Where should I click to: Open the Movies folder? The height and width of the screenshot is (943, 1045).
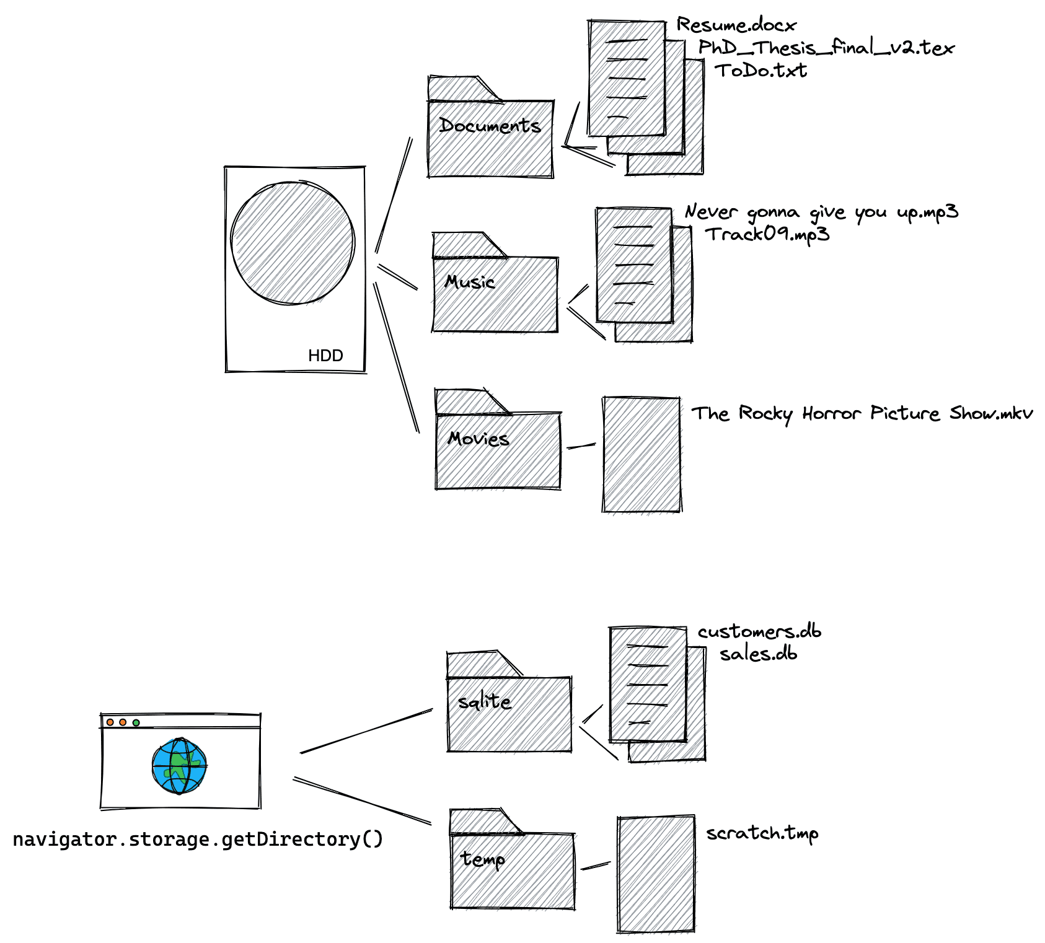(x=498, y=449)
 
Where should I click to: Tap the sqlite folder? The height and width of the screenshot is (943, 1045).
(x=509, y=713)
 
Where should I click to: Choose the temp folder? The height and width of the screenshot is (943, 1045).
(x=513, y=869)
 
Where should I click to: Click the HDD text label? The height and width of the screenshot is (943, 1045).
(x=325, y=356)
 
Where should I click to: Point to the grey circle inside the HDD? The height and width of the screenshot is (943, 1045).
(x=293, y=243)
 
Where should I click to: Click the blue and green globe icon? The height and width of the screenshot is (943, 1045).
(x=179, y=766)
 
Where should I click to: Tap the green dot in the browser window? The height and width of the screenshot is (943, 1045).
(x=136, y=722)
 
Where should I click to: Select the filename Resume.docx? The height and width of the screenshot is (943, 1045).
(x=736, y=25)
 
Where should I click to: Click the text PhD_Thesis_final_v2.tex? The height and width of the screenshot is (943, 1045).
(x=826, y=48)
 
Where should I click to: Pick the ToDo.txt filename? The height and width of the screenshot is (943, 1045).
(x=761, y=71)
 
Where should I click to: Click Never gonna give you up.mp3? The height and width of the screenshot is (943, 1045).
(x=821, y=213)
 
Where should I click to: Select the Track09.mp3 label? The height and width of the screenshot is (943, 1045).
(x=767, y=234)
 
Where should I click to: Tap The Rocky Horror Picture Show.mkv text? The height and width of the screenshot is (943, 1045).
(x=862, y=413)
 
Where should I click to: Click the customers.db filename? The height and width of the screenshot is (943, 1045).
(x=759, y=632)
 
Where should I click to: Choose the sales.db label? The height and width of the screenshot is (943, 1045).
(x=758, y=654)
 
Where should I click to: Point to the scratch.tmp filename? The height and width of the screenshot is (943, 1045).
(x=762, y=833)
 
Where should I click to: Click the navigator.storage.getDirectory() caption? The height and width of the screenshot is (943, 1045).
(x=198, y=840)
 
